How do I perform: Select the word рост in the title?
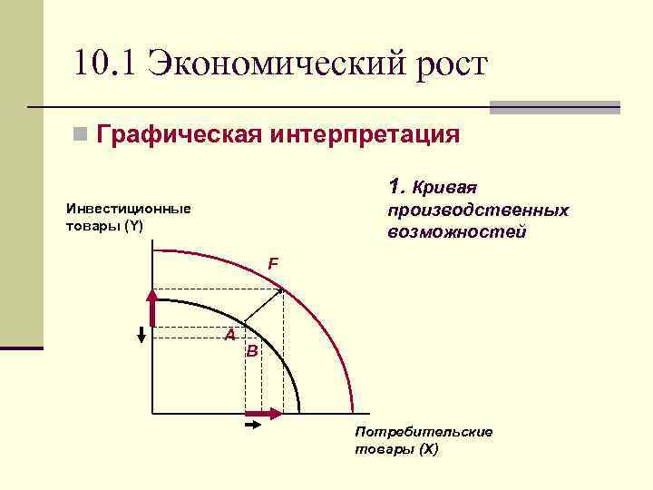coord(446,65)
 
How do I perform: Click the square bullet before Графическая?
coord(82,135)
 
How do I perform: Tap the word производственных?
coord(477,211)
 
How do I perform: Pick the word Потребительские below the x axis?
coord(424,431)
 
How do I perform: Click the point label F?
coord(272,264)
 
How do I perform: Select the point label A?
coord(230,336)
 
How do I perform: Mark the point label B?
coord(252,350)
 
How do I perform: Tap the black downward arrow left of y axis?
coord(141,333)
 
